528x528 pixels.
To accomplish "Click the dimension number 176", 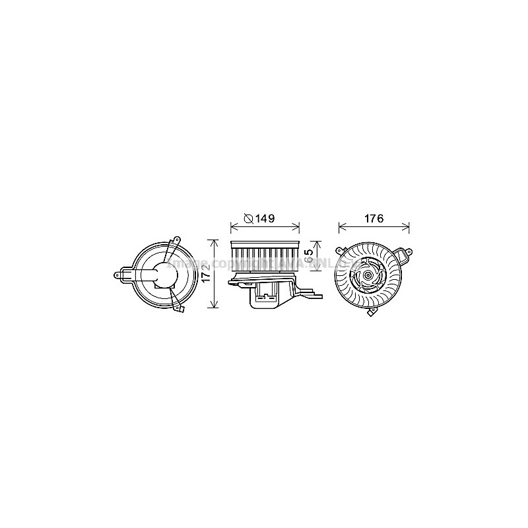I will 373,218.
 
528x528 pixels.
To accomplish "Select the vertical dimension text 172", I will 207,275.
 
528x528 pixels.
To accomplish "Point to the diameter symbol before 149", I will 248,218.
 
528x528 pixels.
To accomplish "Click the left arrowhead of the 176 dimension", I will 341,228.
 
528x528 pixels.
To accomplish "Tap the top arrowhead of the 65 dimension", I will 318,242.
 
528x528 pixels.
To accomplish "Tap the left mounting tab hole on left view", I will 119,274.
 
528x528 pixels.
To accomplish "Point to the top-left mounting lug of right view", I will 340,252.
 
